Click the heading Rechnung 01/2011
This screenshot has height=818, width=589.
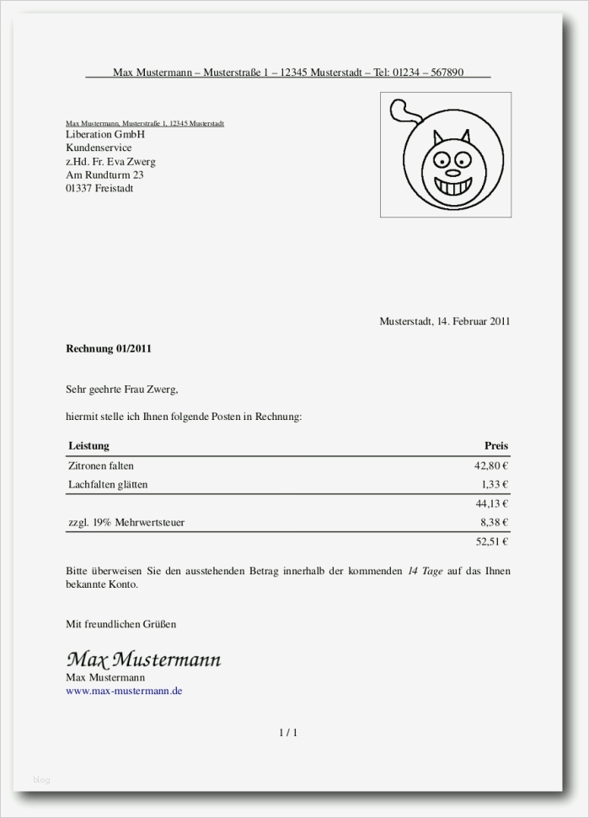[x=109, y=348]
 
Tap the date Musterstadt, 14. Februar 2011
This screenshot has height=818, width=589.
[x=444, y=321]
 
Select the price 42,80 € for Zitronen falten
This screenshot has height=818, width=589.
[x=492, y=466]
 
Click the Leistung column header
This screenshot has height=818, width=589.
[x=88, y=445]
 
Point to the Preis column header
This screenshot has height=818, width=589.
[x=496, y=445]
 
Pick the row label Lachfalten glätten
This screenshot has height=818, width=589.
[x=108, y=485]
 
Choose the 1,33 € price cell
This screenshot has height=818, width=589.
[x=495, y=485]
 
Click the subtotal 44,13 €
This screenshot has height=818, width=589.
[x=492, y=504]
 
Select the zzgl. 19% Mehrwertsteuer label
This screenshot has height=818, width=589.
[x=126, y=523]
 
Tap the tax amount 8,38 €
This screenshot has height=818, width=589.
[x=495, y=523]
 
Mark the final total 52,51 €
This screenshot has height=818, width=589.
[x=492, y=542]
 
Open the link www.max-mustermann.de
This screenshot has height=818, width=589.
[x=124, y=691]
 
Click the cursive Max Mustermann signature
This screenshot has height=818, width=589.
[x=143, y=659]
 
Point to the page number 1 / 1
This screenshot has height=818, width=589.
[x=288, y=733]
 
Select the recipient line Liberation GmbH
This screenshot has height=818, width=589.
[x=105, y=135]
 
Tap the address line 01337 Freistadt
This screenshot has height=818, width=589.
[x=99, y=189]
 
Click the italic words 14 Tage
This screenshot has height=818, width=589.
[x=425, y=571]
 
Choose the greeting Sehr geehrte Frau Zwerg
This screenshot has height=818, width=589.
[x=122, y=390]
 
